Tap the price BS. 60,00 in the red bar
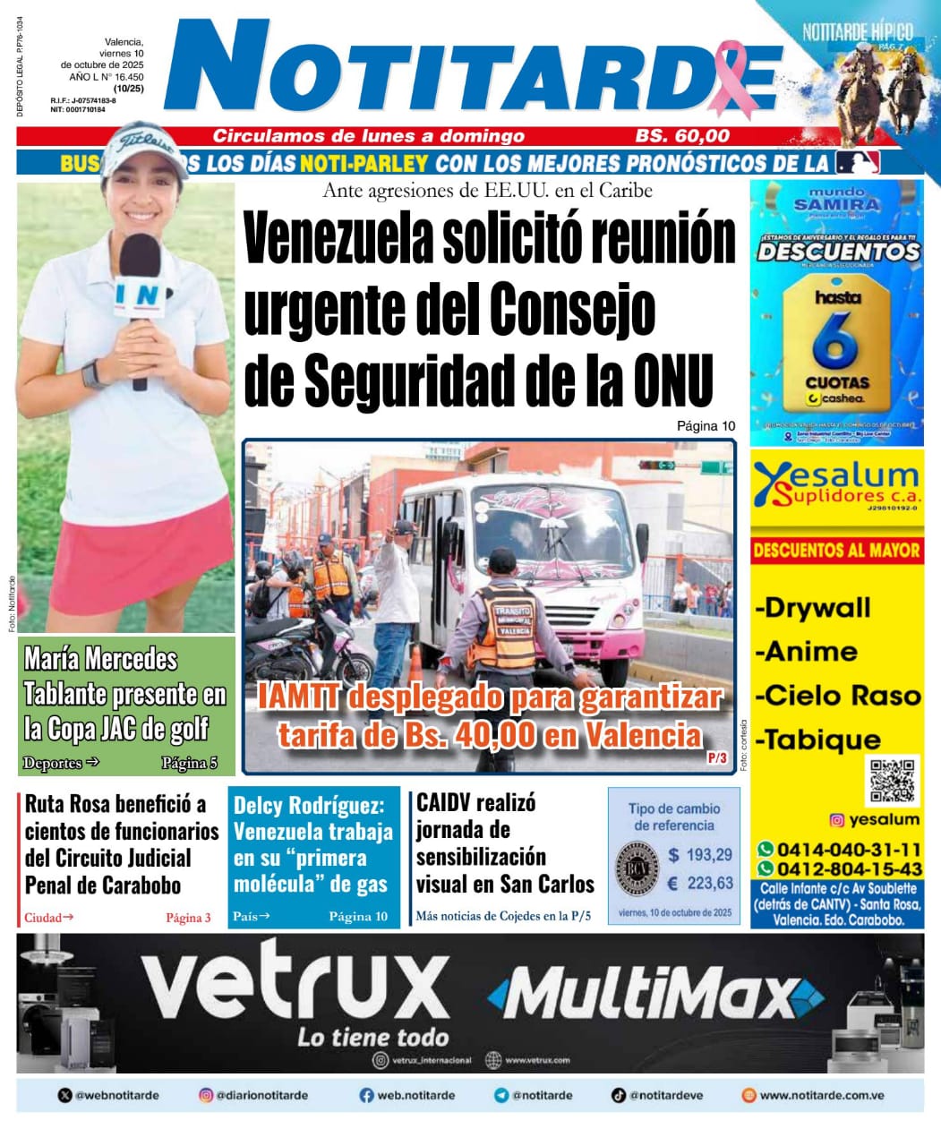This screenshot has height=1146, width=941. click(x=682, y=136)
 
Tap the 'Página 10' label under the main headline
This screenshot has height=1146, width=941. click(x=706, y=426)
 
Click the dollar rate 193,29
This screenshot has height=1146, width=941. click(x=700, y=855)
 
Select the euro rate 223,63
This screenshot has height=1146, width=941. click(x=700, y=884)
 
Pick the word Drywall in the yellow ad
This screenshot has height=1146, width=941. click(x=814, y=608)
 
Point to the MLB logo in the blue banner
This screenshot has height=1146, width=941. click(x=858, y=162)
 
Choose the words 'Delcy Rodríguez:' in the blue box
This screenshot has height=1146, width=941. click(x=309, y=805)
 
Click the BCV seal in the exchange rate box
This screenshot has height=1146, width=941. click(x=637, y=868)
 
